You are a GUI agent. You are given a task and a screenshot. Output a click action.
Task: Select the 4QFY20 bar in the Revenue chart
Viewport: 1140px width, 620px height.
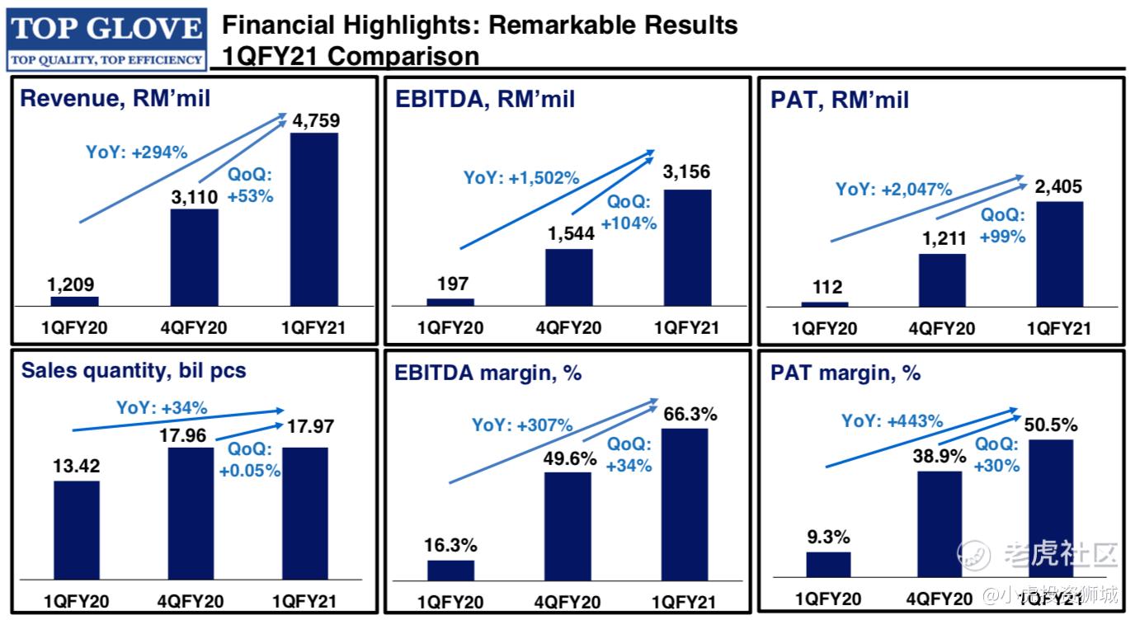(x=195, y=257)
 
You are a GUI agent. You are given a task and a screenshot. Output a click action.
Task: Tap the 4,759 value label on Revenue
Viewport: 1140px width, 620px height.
(x=315, y=121)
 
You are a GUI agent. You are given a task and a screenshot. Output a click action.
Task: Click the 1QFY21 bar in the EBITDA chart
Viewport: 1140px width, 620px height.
(x=686, y=247)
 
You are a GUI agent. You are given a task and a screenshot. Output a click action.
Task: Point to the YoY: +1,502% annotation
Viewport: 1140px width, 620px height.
(x=521, y=177)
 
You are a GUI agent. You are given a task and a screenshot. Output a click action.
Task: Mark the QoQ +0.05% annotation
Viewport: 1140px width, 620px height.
(x=249, y=460)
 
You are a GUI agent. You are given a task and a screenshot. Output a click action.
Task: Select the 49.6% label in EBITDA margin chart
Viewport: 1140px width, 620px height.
(x=569, y=459)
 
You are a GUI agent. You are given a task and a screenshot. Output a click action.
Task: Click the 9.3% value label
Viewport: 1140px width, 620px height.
(x=827, y=538)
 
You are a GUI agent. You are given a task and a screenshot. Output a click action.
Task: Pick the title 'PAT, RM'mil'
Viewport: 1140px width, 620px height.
(x=840, y=100)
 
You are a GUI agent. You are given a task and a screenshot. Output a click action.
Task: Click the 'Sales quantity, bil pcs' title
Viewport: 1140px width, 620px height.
(x=134, y=371)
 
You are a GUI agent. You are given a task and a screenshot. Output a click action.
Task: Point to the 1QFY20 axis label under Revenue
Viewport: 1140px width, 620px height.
(x=75, y=327)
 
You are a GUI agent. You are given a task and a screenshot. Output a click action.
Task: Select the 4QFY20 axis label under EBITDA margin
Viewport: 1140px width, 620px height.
(x=568, y=600)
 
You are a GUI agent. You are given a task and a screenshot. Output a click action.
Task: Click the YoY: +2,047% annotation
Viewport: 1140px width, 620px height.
(x=894, y=189)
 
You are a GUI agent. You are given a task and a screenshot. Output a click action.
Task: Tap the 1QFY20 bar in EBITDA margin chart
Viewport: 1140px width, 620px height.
(x=450, y=571)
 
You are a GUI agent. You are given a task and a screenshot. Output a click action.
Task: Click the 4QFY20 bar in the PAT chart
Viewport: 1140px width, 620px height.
(x=942, y=280)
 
